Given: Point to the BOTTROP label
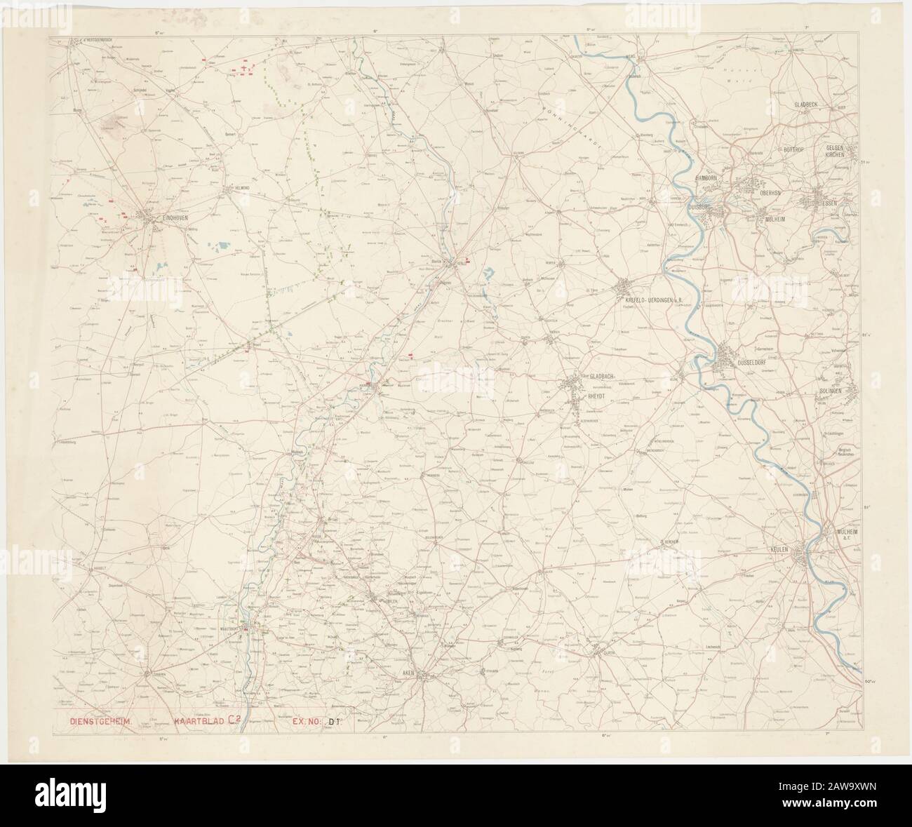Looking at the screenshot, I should tap(796, 150).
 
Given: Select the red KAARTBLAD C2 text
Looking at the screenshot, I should tap(208, 720).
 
